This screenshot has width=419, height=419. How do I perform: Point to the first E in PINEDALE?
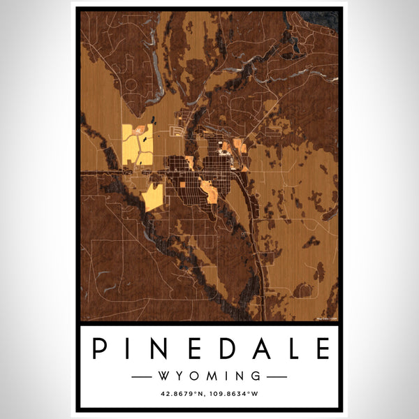[x=193, y=348]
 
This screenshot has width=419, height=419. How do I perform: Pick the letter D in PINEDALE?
[x=225, y=348]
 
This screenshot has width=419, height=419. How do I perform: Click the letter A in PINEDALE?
[x=258, y=348]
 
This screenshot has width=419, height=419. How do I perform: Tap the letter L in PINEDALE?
[x=290, y=348]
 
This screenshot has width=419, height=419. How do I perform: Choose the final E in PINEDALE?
[x=320, y=348]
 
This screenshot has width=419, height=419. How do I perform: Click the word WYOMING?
[x=209, y=376]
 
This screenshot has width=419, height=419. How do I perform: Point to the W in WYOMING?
[x=164, y=376]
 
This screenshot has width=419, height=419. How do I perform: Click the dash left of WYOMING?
[x=142, y=376]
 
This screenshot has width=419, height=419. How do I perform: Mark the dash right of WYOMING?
[x=277, y=376]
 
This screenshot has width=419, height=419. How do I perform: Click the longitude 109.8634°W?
[x=238, y=395]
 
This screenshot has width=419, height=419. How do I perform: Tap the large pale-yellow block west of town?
[x=137, y=145]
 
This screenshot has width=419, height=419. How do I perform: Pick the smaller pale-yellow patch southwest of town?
[x=154, y=197]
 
